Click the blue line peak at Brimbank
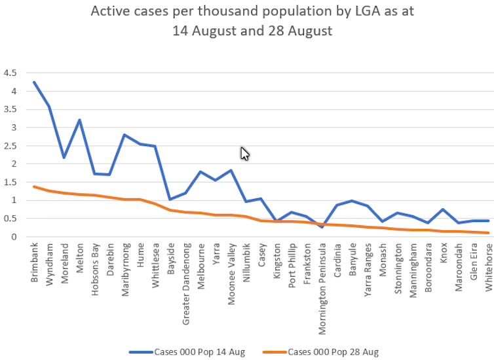(34, 82)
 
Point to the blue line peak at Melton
(79, 120)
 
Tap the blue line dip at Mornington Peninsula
(322, 226)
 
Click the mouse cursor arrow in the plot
(244, 153)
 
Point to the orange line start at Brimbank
(34, 187)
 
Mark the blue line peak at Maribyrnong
(124, 135)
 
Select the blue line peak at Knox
(443, 209)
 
